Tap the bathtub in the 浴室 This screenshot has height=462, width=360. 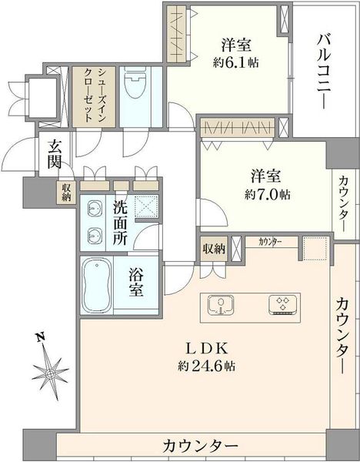click(x=98, y=285)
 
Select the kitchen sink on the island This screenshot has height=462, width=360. click(x=221, y=305)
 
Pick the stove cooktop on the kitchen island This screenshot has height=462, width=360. click(x=282, y=305)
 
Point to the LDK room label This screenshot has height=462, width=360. click(x=207, y=349)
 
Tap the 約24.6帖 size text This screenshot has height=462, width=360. click(x=207, y=367)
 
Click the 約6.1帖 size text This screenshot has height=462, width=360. click(x=236, y=62)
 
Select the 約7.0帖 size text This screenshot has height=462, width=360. click(x=267, y=195)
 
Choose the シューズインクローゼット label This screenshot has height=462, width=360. click(x=94, y=95)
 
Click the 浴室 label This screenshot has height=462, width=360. click(x=136, y=283)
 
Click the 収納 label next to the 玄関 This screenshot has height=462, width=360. click(x=66, y=192)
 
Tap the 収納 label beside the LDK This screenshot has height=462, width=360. click(x=214, y=249)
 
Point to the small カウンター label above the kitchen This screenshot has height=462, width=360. click(x=270, y=243)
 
